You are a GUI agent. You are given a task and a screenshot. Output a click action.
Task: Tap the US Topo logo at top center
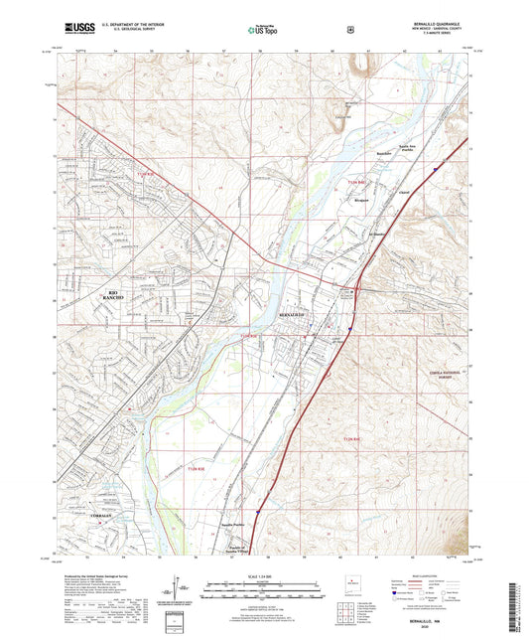261,31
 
